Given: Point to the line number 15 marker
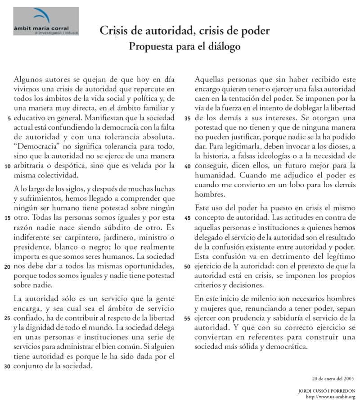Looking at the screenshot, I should (7, 218).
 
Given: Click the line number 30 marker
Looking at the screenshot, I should (7, 367).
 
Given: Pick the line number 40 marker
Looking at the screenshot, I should (188, 166).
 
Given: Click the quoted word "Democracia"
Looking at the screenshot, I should (36, 146).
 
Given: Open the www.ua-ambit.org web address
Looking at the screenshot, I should (333, 397).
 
